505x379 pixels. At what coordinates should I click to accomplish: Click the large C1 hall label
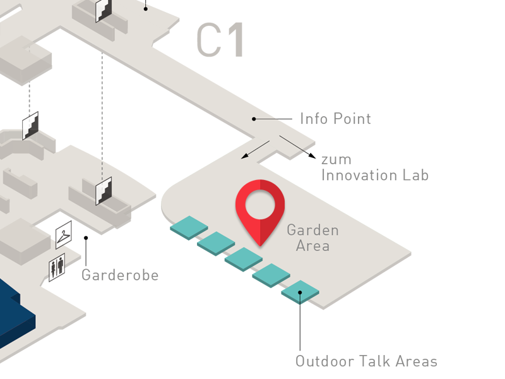[220, 40]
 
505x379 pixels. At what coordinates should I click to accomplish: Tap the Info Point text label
[335, 119]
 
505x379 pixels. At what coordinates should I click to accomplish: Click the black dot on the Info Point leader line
[254, 119]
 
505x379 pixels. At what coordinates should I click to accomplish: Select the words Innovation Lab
[375, 176]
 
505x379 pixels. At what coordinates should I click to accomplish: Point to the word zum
[336, 160]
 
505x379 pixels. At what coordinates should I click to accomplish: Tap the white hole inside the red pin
[260, 205]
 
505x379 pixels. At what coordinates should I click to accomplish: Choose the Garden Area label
[312, 238]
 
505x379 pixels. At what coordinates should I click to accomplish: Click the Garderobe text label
[120, 275]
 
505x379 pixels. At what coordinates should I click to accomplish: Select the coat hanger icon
[64, 235]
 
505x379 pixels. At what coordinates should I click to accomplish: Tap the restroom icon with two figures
[57, 267]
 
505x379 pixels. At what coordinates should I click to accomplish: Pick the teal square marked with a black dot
[300, 292]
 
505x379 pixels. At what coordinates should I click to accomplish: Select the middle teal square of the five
[244, 260]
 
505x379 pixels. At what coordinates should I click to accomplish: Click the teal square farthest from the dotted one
[189, 228]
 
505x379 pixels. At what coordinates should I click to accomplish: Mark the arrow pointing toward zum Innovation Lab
[297, 147]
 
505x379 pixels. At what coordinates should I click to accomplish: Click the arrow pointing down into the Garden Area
[255, 150]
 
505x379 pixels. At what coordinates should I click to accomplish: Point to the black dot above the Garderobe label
[86, 238]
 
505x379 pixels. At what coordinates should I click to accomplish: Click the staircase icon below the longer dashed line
[104, 191]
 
